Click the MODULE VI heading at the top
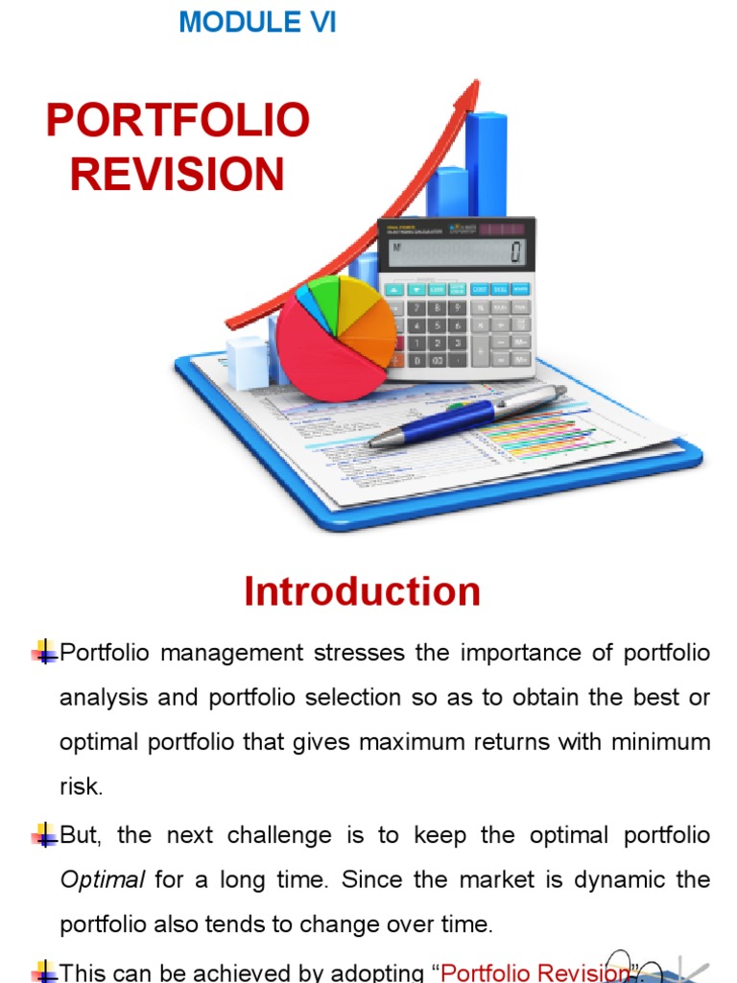pyautogui.click(x=257, y=22)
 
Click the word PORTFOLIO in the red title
pyautogui.click(x=178, y=121)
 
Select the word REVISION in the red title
pyautogui.click(x=178, y=175)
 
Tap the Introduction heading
pyautogui.click(x=362, y=591)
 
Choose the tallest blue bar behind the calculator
pyautogui.click(x=487, y=163)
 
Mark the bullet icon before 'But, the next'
pyautogui.click(x=44, y=835)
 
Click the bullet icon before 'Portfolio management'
pyautogui.click(x=44, y=654)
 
